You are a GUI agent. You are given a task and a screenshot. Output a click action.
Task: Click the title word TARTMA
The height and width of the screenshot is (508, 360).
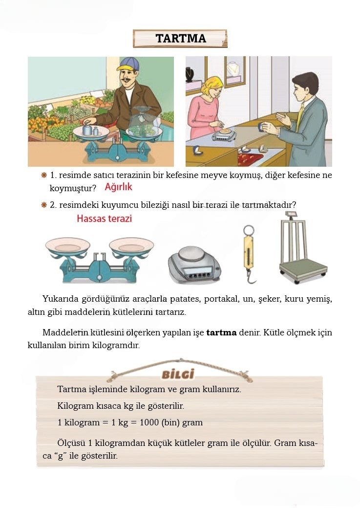180,39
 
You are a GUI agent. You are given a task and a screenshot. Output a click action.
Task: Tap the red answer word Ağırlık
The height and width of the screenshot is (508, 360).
118,187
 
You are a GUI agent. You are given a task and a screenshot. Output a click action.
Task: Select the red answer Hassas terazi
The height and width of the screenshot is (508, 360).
104,219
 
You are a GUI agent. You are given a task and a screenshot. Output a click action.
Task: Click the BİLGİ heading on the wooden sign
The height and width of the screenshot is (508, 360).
178,375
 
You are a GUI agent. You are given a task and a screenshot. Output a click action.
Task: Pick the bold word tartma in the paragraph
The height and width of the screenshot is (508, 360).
221,333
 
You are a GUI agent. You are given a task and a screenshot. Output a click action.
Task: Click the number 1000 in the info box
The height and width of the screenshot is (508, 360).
149,422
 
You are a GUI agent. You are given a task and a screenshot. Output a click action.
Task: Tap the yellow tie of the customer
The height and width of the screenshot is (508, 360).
299,117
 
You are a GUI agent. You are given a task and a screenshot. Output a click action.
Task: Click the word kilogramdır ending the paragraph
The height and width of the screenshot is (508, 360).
118,345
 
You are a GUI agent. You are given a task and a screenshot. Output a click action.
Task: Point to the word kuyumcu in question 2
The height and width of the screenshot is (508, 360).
107,205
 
